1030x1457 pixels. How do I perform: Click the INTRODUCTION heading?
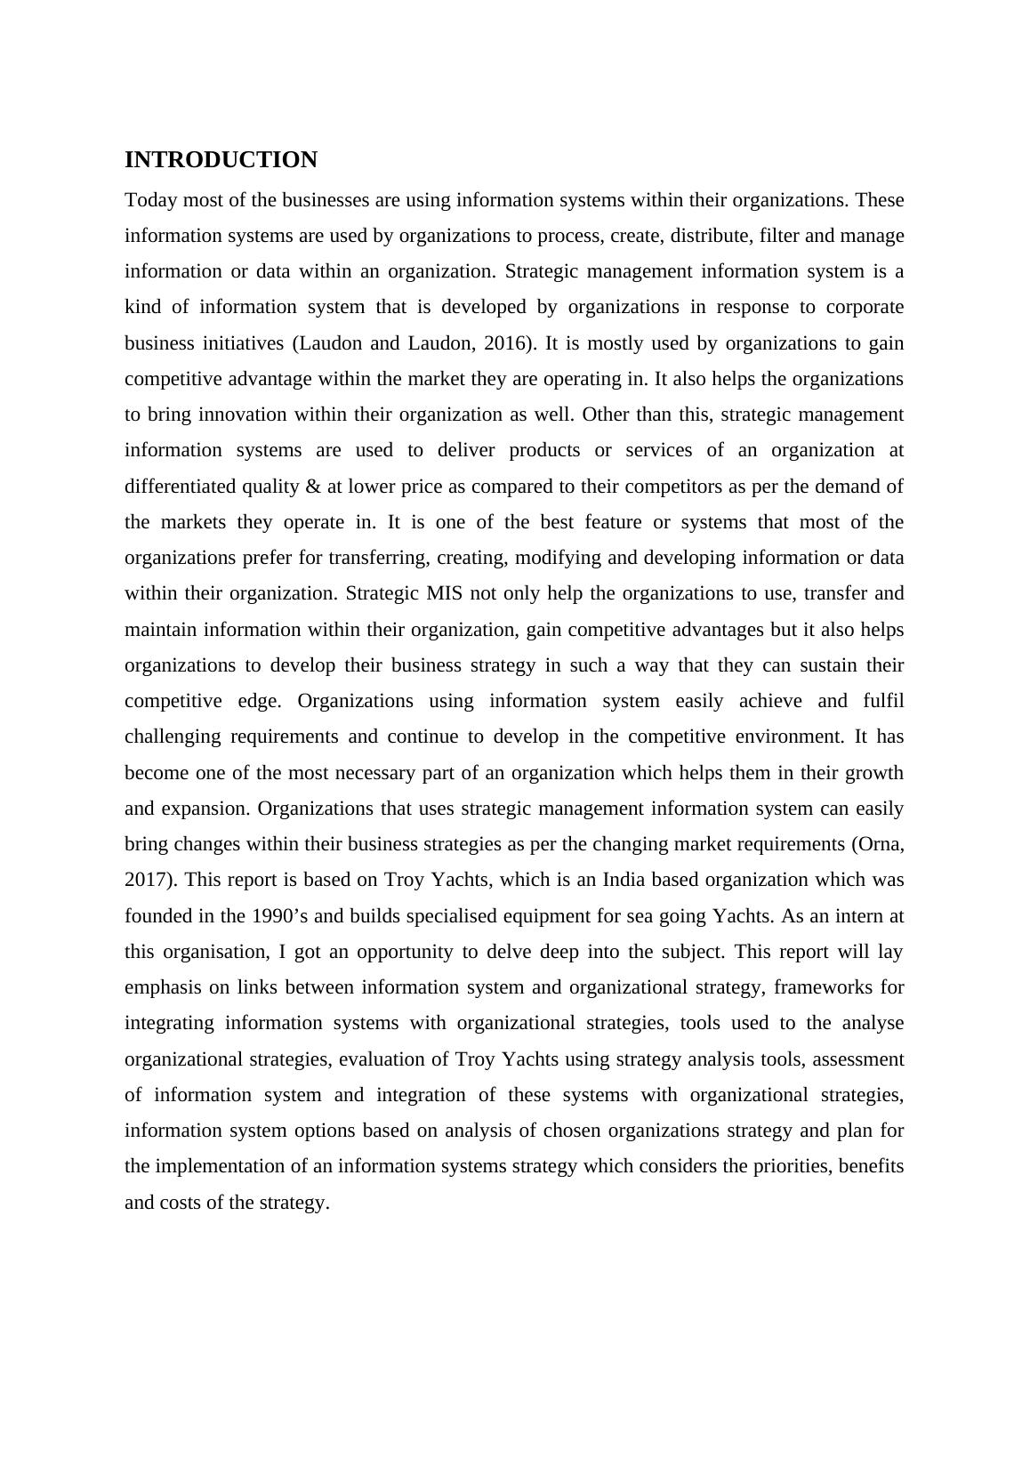click(x=221, y=160)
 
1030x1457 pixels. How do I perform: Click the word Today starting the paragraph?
click(x=147, y=200)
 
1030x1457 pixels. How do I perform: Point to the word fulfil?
click(x=883, y=701)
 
